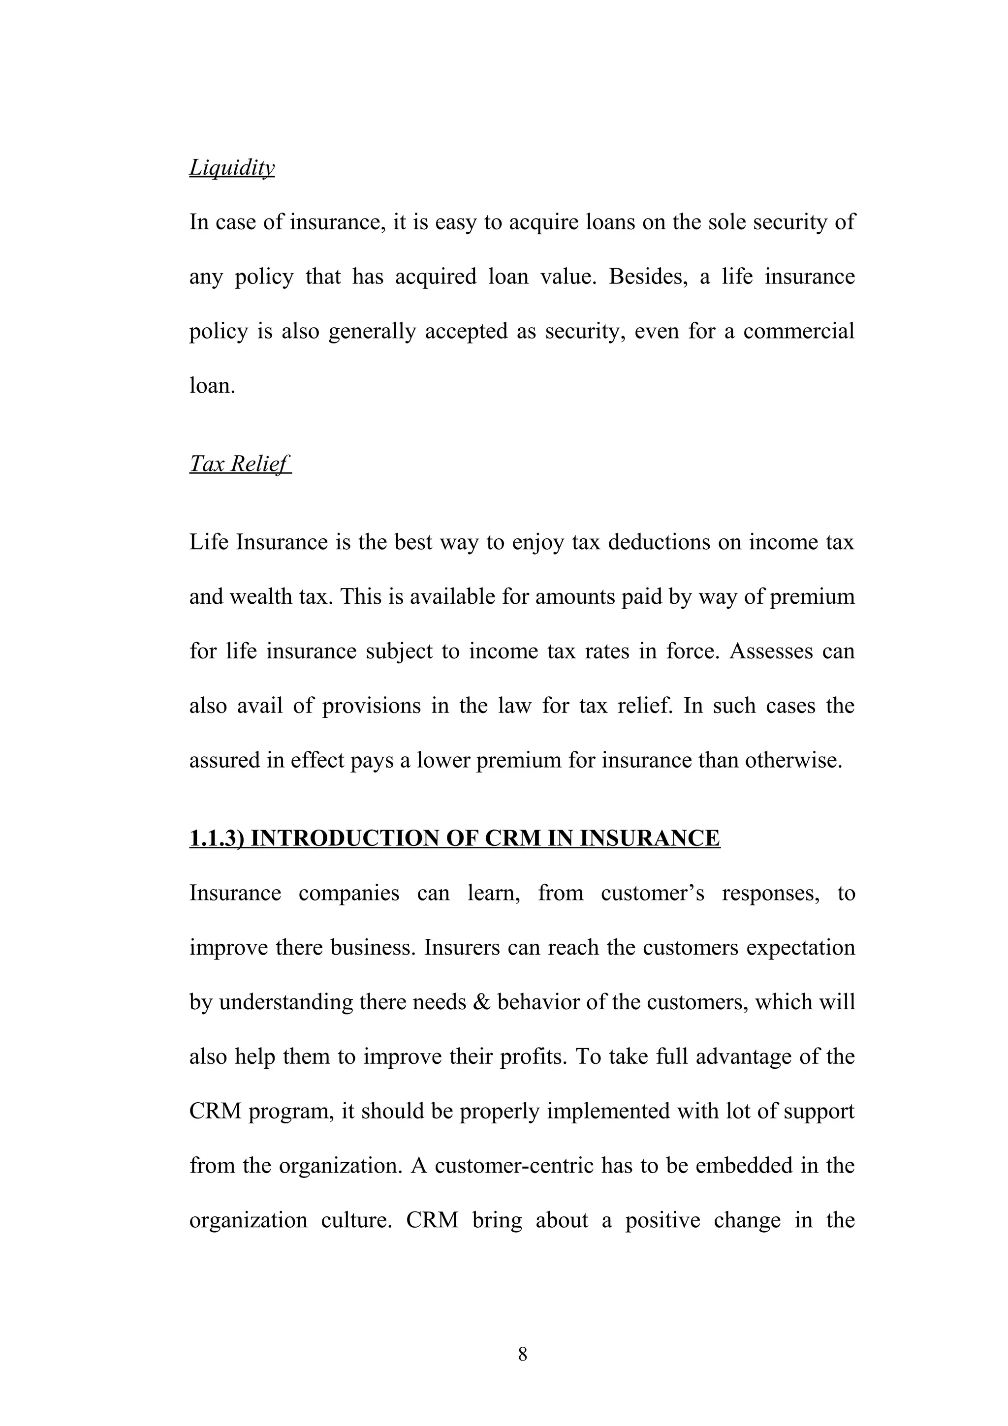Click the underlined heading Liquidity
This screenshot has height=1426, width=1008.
coord(232,168)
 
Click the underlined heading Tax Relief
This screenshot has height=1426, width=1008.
coord(239,464)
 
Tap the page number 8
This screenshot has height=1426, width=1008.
coord(522,1354)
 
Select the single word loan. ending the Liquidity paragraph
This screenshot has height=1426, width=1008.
coord(212,386)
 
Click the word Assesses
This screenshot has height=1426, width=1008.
coord(771,651)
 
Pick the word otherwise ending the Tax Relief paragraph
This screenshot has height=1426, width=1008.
coord(793,760)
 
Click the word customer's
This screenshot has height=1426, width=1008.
coord(652,893)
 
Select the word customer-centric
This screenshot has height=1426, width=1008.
coord(514,1166)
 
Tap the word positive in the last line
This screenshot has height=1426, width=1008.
coord(662,1220)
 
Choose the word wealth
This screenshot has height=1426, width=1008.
coord(260,597)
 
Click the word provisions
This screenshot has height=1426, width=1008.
coord(371,706)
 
